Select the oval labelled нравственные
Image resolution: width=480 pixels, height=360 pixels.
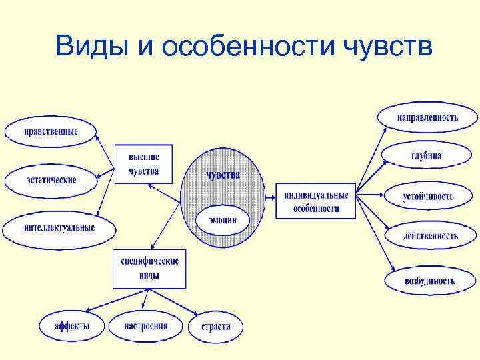coord(51,131)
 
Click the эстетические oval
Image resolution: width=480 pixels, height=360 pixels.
coord(51,180)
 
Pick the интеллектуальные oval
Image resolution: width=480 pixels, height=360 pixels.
coord(59,228)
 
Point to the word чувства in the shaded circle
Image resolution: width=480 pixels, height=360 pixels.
coord(223,175)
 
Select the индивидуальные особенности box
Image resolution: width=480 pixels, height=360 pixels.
coord(316,201)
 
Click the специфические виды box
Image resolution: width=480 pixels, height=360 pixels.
coord(150,268)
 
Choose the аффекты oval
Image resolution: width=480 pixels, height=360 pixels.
coord(72,327)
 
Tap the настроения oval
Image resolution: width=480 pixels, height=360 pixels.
coord(145,327)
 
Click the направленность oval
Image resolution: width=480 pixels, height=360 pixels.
coord(427,117)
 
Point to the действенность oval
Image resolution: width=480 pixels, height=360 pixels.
coord(430,236)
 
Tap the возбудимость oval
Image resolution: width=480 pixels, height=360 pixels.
coord(429,280)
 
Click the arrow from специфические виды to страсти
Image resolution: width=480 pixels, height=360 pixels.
coord(182,301)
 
